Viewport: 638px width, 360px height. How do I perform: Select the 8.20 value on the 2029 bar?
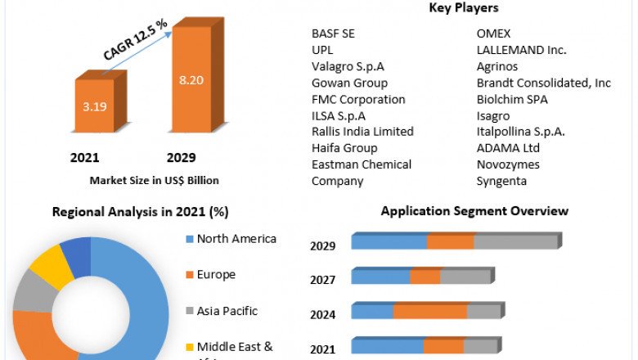pyautogui.click(x=193, y=80)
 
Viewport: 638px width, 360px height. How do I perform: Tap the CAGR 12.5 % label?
pyautogui.click(x=136, y=39)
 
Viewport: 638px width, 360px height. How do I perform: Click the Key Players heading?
pyautogui.click(x=464, y=8)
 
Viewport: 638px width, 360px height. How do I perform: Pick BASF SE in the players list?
pyautogui.click(x=334, y=34)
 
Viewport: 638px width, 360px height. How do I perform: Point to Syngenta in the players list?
pyautogui.click(x=502, y=181)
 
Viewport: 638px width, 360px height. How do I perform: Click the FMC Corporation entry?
pyautogui.click(x=358, y=99)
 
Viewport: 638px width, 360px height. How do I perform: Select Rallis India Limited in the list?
pyautogui.click(x=362, y=132)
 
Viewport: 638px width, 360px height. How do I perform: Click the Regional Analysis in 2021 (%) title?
pyautogui.click(x=140, y=211)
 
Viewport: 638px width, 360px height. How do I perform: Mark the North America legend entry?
pyautogui.click(x=237, y=240)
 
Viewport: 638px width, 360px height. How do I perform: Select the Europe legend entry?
pyautogui.click(x=217, y=275)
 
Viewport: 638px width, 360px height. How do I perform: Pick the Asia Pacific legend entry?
pyautogui.click(x=227, y=311)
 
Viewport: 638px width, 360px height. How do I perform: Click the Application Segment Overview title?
pyautogui.click(x=474, y=211)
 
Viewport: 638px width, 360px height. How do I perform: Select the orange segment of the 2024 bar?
pyautogui.click(x=429, y=312)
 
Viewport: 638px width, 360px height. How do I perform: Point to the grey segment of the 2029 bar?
pyautogui.click(x=515, y=242)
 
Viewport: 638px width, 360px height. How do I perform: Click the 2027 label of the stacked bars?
pyautogui.click(x=323, y=280)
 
